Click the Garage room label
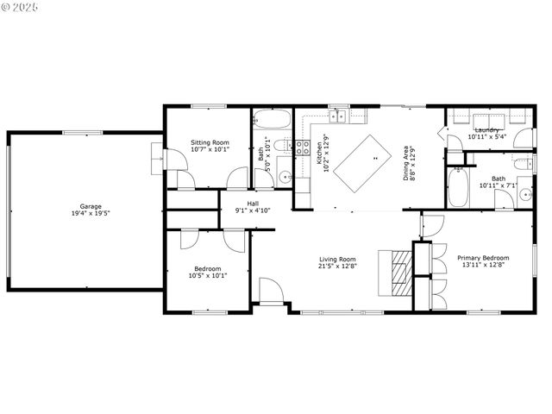pyautogui.click(x=91, y=206)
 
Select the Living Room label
pyautogui.click(x=337, y=259)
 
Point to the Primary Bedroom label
pyautogui.click(x=484, y=258)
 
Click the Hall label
pyautogui.click(x=253, y=204)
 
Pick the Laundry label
pyautogui.click(x=487, y=130)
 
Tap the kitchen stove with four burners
pyautogui.click(x=303, y=147)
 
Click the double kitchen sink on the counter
pyautogui.click(x=342, y=115)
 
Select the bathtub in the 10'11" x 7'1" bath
pyautogui.click(x=458, y=187)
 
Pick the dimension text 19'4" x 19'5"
pyautogui.click(x=91, y=213)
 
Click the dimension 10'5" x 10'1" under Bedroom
pyautogui.click(x=207, y=275)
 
